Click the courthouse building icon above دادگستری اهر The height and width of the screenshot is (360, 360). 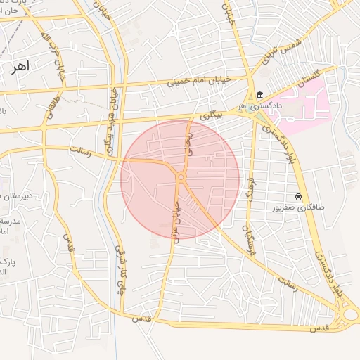coord(259,96)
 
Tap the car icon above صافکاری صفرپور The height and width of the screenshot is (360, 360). coord(299,197)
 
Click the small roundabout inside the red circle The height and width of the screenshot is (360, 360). coord(181,178)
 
